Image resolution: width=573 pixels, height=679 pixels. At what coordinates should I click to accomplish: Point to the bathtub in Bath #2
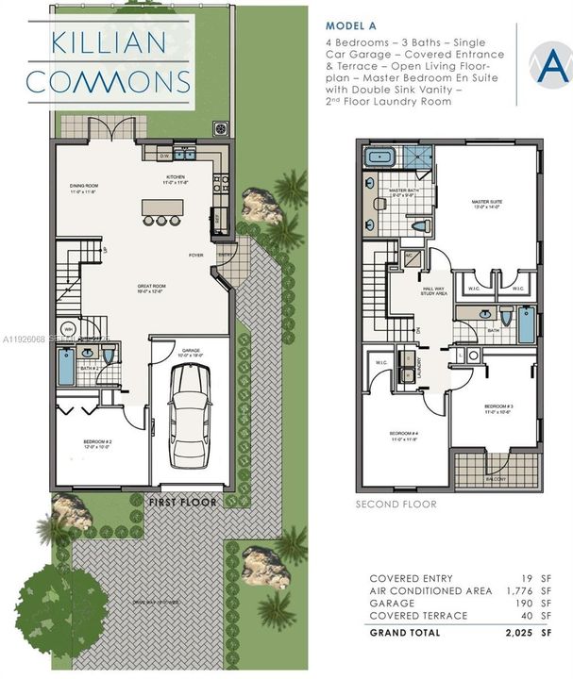[64, 367]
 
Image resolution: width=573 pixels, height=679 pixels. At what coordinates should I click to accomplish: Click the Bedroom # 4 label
[403, 436]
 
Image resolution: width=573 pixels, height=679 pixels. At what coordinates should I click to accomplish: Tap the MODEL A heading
[351, 26]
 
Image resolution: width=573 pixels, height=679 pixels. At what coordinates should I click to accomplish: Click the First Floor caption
[182, 503]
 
